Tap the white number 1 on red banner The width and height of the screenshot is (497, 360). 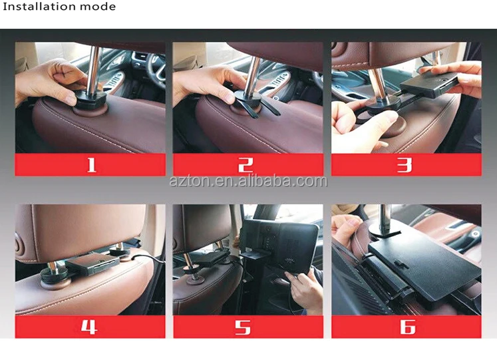pyautogui.click(x=91, y=165)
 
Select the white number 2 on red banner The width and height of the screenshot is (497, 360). pyautogui.click(x=246, y=165)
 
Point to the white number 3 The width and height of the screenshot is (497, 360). pyautogui.click(x=405, y=165)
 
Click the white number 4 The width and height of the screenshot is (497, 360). pyautogui.click(x=88, y=327)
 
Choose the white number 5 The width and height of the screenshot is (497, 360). pyautogui.click(x=243, y=327)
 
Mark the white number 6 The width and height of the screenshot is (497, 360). pyautogui.click(x=408, y=327)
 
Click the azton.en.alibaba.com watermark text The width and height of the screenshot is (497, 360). pyautogui.click(x=248, y=181)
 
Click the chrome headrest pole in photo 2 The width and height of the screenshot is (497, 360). pyautogui.click(x=253, y=76)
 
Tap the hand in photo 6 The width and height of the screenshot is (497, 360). pyautogui.click(x=346, y=230)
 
